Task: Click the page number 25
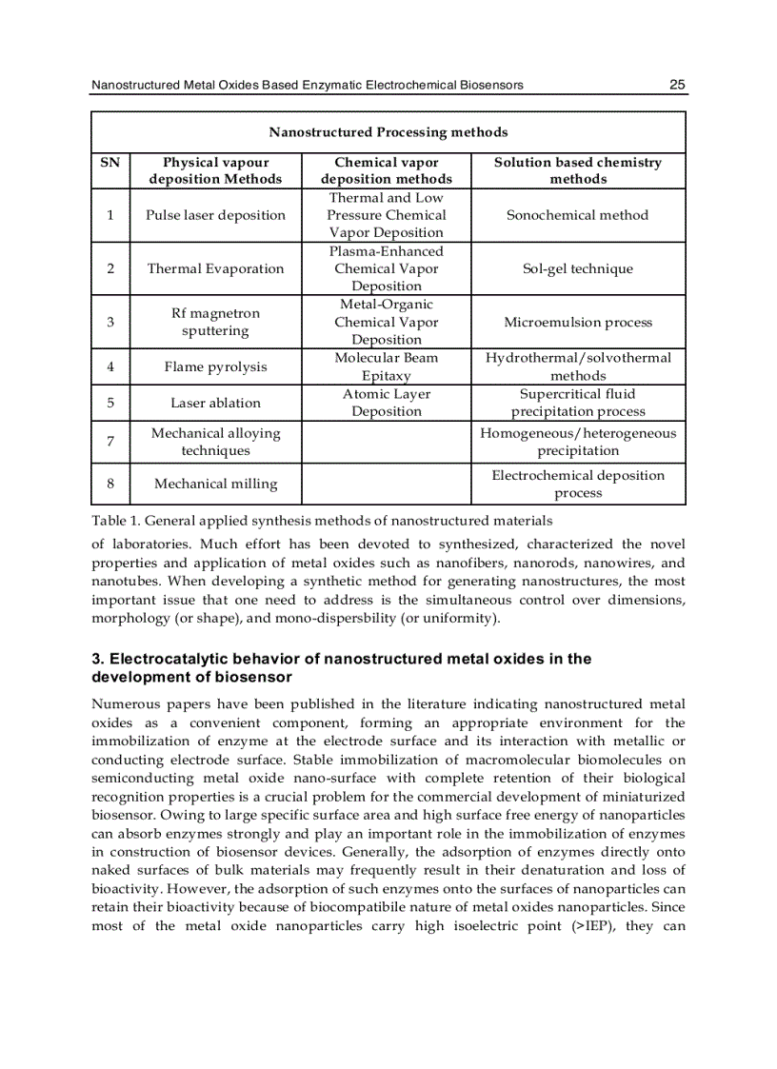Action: [677, 85]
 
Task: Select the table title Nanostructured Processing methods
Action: [388, 132]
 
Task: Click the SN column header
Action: [110, 163]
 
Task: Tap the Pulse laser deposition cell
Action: [215, 215]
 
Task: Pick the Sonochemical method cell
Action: [577, 215]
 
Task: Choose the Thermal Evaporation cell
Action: [215, 268]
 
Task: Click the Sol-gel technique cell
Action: [577, 268]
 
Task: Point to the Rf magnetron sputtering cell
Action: [215, 322]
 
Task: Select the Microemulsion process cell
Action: [577, 322]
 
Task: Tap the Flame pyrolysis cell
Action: [215, 366]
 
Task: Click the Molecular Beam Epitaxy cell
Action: [386, 366]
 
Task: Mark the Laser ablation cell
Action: [215, 403]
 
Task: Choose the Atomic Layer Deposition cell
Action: [386, 403]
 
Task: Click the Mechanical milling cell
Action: [215, 484]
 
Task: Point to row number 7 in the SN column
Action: [110, 442]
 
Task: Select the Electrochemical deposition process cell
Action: [577, 484]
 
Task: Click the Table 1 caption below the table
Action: [321, 521]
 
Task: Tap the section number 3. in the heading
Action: [98, 659]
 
